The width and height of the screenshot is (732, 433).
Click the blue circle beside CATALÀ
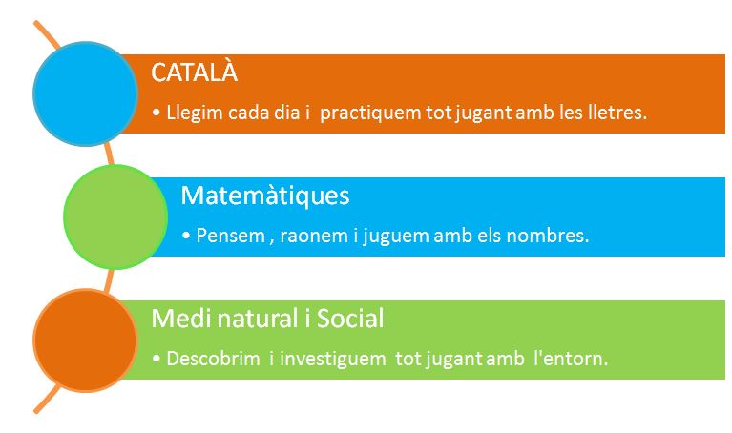coord(85,93)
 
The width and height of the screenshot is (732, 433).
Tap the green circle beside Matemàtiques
coord(115,216)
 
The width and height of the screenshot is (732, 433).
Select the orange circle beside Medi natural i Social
coord(85,340)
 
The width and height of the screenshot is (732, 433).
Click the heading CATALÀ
coord(194,72)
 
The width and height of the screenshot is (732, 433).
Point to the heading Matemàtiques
coord(265,195)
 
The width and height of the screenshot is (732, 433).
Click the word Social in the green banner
coord(350,319)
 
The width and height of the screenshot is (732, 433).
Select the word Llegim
coord(194,113)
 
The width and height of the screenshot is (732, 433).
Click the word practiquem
coord(370,113)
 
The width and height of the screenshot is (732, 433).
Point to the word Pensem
coord(231,236)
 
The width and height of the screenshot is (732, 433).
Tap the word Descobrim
coord(214,359)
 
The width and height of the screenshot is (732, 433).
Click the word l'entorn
coord(571,359)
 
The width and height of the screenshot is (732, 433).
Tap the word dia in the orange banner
coord(286,113)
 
